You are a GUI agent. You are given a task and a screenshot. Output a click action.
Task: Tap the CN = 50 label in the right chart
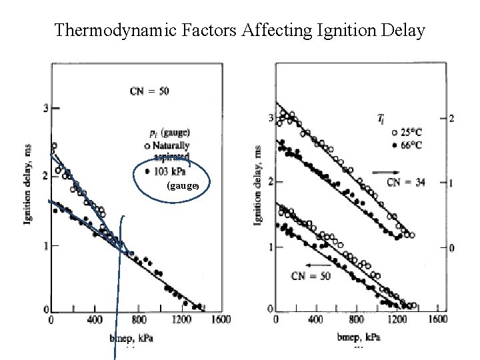point(309,275)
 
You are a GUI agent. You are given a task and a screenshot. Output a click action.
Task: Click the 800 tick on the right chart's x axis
point(357,319)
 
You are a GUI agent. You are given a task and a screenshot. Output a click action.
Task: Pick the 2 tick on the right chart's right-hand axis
point(451,118)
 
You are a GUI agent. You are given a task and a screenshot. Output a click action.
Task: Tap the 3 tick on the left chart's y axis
point(45,108)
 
